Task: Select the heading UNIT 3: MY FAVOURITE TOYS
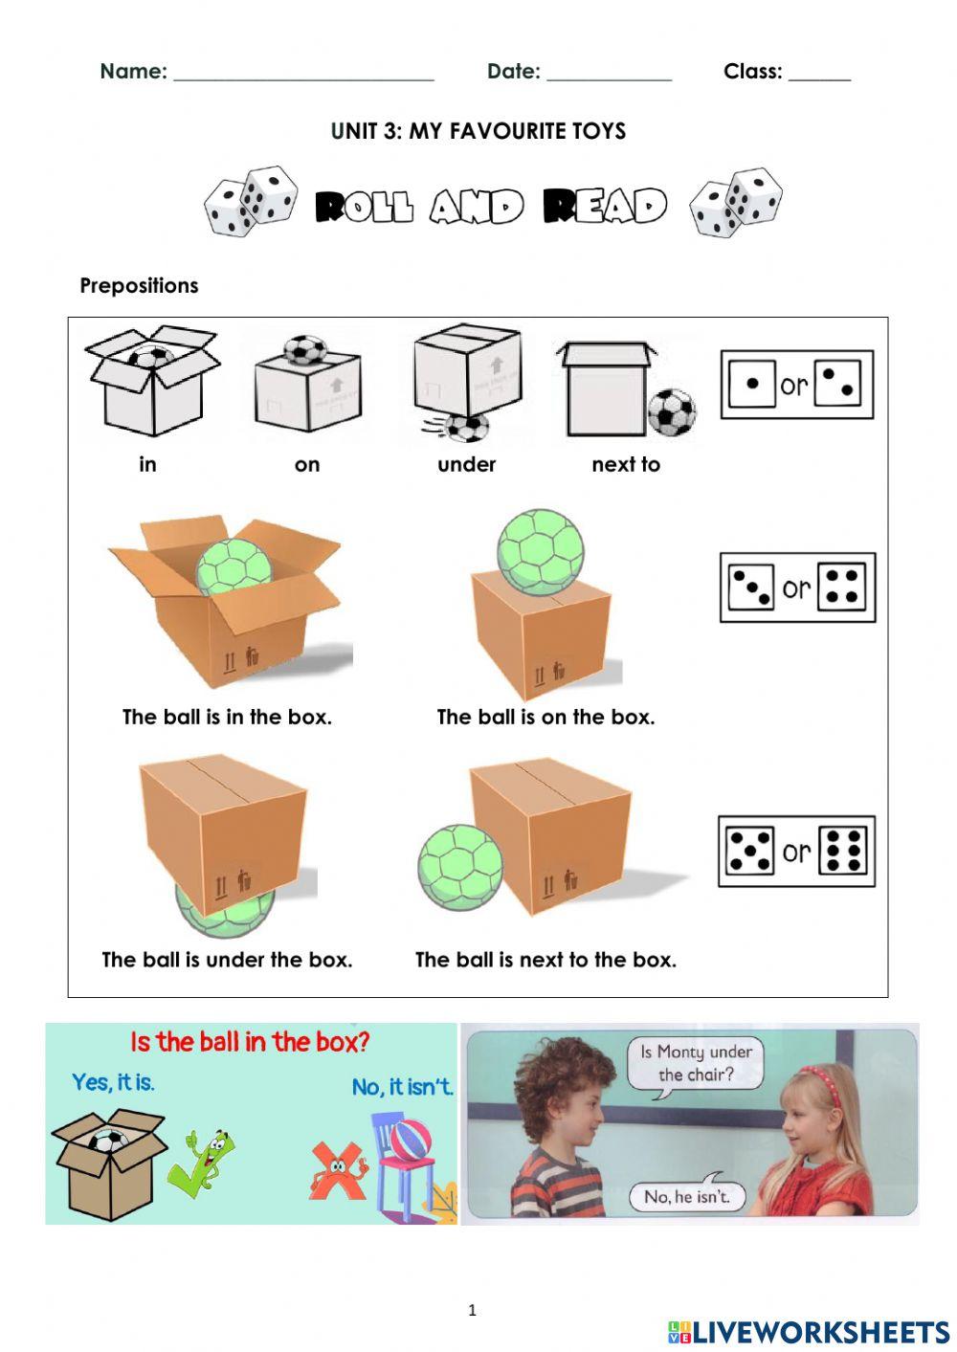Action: coord(478,131)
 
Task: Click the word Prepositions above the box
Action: coord(139,285)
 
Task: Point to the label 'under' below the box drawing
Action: coord(466,464)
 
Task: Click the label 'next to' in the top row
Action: coord(626,464)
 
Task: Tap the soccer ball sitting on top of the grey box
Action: coord(305,349)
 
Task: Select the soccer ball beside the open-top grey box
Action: coord(671,411)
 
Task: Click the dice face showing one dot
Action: coord(752,385)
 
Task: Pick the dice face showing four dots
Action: coord(843,587)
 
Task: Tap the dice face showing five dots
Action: coord(749,851)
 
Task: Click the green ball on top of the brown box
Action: coord(540,552)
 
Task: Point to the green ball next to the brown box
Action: coord(459,868)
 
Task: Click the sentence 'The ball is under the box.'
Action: coord(227,959)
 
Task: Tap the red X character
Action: coord(337,1170)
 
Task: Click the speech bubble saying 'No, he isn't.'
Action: coord(686,1196)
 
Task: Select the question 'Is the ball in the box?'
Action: coord(250,1041)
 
